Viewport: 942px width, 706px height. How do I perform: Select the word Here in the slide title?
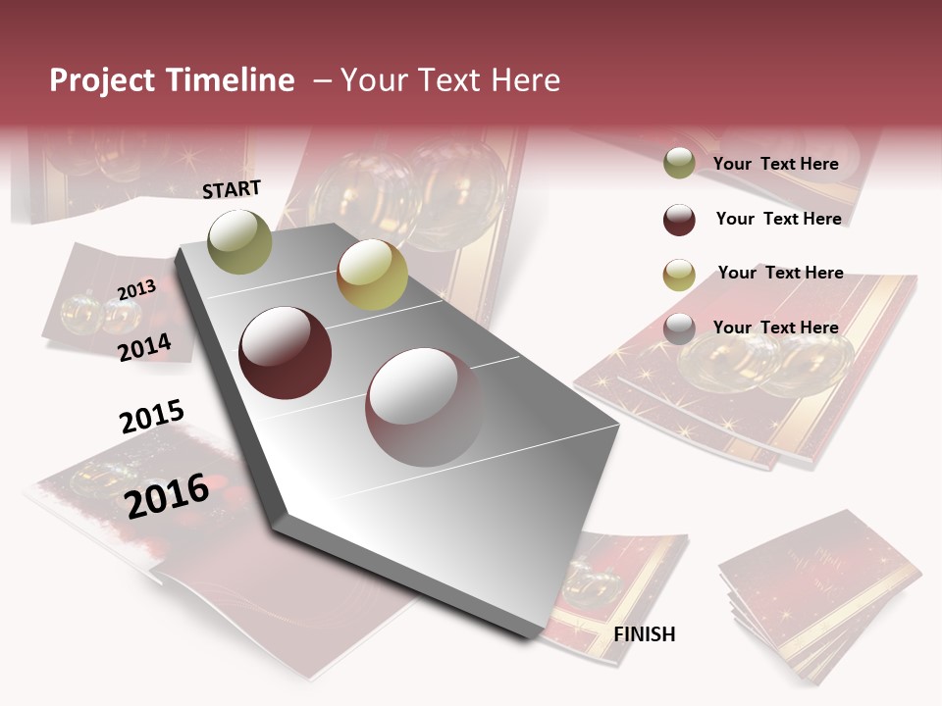tap(525, 80)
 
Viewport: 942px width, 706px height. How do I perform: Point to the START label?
tap(232, 189)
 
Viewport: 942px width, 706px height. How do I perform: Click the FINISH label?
tap(645, 634)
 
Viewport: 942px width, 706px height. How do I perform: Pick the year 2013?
tap(137, 290)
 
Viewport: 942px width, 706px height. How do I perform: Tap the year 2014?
tap(144, 347)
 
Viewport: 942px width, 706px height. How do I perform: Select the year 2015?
tap(152, 417)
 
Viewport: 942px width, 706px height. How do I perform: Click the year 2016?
tap(167, 495)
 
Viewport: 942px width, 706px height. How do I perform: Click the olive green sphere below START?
tap(240, 241)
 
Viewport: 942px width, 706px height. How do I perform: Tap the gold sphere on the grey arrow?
tap(372, 275)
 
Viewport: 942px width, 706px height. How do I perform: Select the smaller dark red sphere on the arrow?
tap(286, 353)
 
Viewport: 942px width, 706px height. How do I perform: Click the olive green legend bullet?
tap(679, 164)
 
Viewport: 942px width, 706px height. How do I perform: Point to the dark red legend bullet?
tap(679, 220)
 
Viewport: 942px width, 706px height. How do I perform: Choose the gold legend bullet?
tap(679, 275)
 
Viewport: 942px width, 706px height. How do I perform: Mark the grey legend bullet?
tap(679, 328)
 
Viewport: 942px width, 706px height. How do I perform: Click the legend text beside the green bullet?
tap(776, 164)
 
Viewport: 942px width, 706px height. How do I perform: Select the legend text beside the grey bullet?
tap(776, 328)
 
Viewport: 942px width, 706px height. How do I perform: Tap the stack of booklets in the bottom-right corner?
tap(819, 593)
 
